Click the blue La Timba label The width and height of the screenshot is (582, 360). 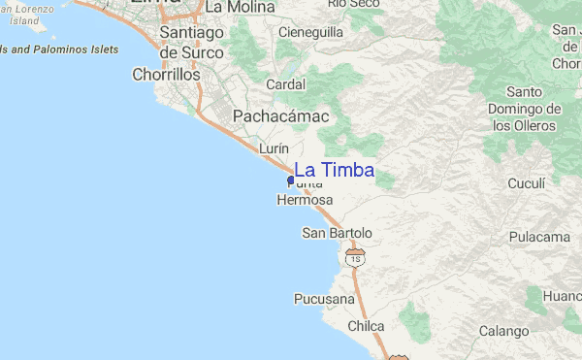click(334, 171)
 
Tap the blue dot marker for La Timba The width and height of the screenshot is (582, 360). click(291, 180)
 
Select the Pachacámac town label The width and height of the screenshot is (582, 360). click(280, 116)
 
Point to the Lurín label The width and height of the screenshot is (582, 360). click(275, 147)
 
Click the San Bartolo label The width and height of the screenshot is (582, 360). click(337, 233)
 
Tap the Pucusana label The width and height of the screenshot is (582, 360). click(324, 299)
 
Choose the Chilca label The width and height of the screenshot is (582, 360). click(366, 326)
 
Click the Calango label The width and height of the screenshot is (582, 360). click(503, 331)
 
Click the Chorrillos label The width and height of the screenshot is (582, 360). click(166, 74)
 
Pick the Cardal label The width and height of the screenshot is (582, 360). click(285, 84)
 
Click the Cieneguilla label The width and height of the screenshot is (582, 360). click(310, 32)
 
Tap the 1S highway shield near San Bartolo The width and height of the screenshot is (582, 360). click(356, 259)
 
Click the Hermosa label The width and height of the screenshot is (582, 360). click(305, 201)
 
